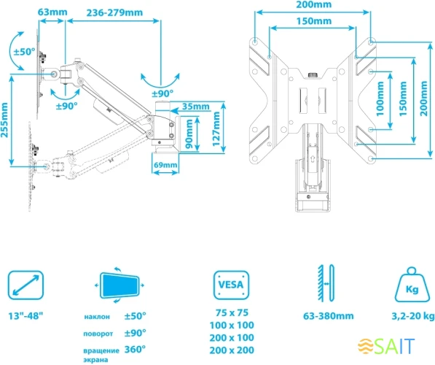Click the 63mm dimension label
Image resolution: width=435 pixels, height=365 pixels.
(x=52, y=12)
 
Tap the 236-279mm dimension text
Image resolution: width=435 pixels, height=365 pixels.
(x=114, y=12)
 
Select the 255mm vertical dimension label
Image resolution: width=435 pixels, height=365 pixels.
(x=4, y=120)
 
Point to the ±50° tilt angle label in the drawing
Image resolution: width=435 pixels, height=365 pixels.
(x=25, y=51)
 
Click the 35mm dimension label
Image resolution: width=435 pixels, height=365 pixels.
(x=195, y=106)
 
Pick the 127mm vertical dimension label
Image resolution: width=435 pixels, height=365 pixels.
(x=216, y=128)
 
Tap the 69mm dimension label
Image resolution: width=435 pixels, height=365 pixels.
(x=165, y=165)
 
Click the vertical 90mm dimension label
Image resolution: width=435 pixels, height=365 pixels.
(x=189, y=134)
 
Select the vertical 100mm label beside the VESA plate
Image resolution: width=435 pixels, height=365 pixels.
(x=380, y=99)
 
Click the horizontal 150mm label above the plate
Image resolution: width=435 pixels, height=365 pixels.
(x=314, y=21)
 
